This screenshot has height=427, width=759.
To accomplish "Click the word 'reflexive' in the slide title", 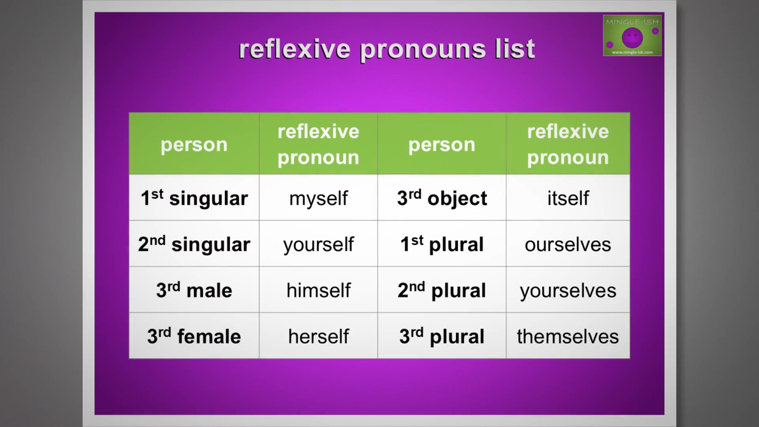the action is pos(295,49).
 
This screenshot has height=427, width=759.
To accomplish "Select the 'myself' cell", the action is pos(318,198).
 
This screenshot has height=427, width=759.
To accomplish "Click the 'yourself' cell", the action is pos(318,244).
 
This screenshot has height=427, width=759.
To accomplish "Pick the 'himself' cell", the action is pos(318,290).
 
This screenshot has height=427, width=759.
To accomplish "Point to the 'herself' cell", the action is pos(318,336).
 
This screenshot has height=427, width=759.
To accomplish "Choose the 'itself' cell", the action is pos(568,198).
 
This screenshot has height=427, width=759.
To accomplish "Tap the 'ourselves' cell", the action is pos(568,244).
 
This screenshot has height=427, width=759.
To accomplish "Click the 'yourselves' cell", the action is pos(568,290).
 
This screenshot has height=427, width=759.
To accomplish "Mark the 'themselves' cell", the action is pos(568,336).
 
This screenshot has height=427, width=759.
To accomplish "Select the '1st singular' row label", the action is pos(194,198).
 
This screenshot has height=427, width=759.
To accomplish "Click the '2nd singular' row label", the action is pos(194,244).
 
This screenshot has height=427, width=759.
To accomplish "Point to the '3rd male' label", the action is pos(194,290).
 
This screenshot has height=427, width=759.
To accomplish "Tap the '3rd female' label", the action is pos(194,336).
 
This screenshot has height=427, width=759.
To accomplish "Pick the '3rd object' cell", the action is pos(442,198).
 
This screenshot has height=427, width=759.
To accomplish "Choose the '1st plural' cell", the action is pos(442,244).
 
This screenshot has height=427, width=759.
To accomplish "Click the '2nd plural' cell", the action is pos(442,290).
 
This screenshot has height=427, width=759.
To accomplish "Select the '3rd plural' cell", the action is pos(442,336).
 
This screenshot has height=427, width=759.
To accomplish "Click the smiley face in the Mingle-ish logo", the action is pos(632,38).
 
